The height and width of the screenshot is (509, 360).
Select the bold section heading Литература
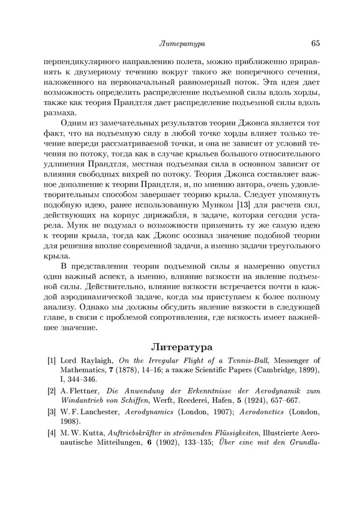coord(179,346)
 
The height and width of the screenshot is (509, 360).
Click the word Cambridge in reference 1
coord(255,370)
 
